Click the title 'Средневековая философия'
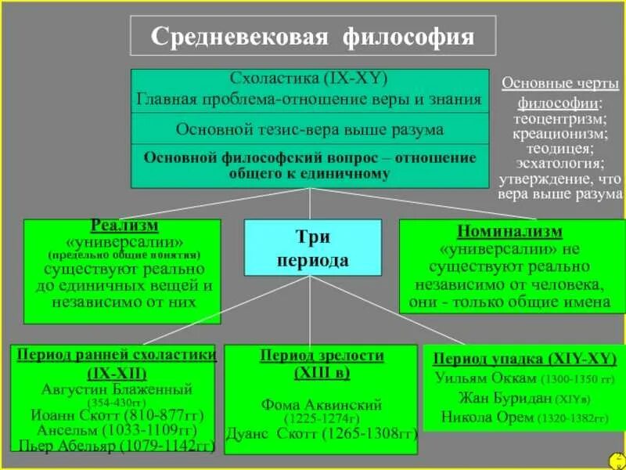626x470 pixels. coord(312,37)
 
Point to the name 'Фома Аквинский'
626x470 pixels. coord(321,405)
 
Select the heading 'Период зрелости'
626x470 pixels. coord(322,356)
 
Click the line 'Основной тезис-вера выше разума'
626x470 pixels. coord(310,128)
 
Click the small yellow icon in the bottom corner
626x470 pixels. coord(617,459)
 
